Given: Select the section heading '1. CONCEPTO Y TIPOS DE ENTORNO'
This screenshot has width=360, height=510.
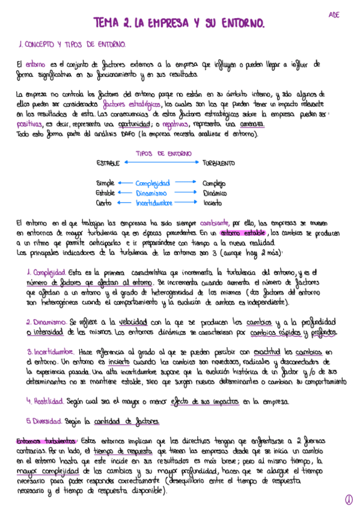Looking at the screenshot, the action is (72, 45).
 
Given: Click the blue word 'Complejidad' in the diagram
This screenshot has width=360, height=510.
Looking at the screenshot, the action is (152, 183).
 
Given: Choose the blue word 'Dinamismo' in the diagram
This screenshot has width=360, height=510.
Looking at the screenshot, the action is (151, 193).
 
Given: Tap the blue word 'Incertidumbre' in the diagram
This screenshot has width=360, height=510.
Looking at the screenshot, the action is (154, 203).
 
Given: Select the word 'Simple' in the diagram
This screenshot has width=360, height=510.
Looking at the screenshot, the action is (105, 183).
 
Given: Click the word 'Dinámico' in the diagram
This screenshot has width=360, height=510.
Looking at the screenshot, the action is (215, 193).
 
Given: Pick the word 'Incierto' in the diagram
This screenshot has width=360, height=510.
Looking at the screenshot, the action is (213, 203).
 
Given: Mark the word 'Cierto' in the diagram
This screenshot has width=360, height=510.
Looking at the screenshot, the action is (105, 203).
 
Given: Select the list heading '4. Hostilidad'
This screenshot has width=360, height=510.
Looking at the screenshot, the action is (46, 401).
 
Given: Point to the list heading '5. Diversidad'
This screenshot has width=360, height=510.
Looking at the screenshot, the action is (47, 420).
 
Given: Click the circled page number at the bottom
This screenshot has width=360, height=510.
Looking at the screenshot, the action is (349, 499).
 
